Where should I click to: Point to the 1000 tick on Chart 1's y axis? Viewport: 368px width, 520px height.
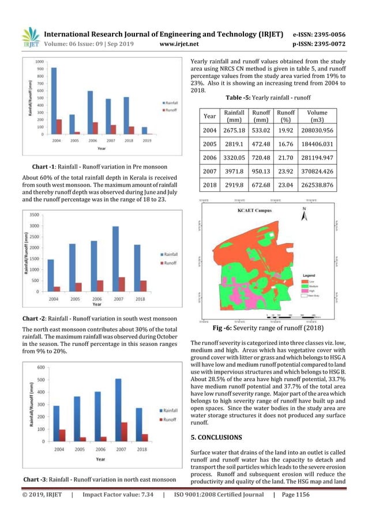[41, 61]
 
